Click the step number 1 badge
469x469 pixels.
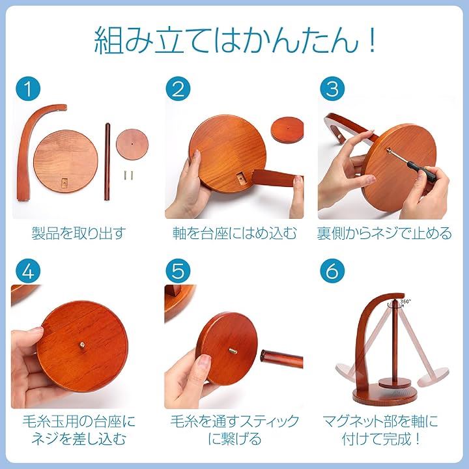(28, 89)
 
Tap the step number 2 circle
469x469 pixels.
(178, 89)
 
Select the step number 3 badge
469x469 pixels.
(332, 89)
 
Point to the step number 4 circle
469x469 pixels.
(28, 271)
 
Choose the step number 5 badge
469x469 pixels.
(178, 271)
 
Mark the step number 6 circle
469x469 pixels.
(332, 271)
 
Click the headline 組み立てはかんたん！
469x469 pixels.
(234, 41)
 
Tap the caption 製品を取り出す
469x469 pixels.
(78, 233)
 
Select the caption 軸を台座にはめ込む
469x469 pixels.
(234, 233)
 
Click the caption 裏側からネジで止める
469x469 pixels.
(384, 233)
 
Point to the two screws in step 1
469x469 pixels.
(128, 175)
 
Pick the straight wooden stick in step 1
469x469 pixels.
(107, 162)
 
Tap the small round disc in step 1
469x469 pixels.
(132, 144)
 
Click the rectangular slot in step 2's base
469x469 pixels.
(240, 178)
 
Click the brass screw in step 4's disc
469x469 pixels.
(81, 345)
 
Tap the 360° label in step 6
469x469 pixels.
(405, 302)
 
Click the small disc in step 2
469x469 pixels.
(287, 129)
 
